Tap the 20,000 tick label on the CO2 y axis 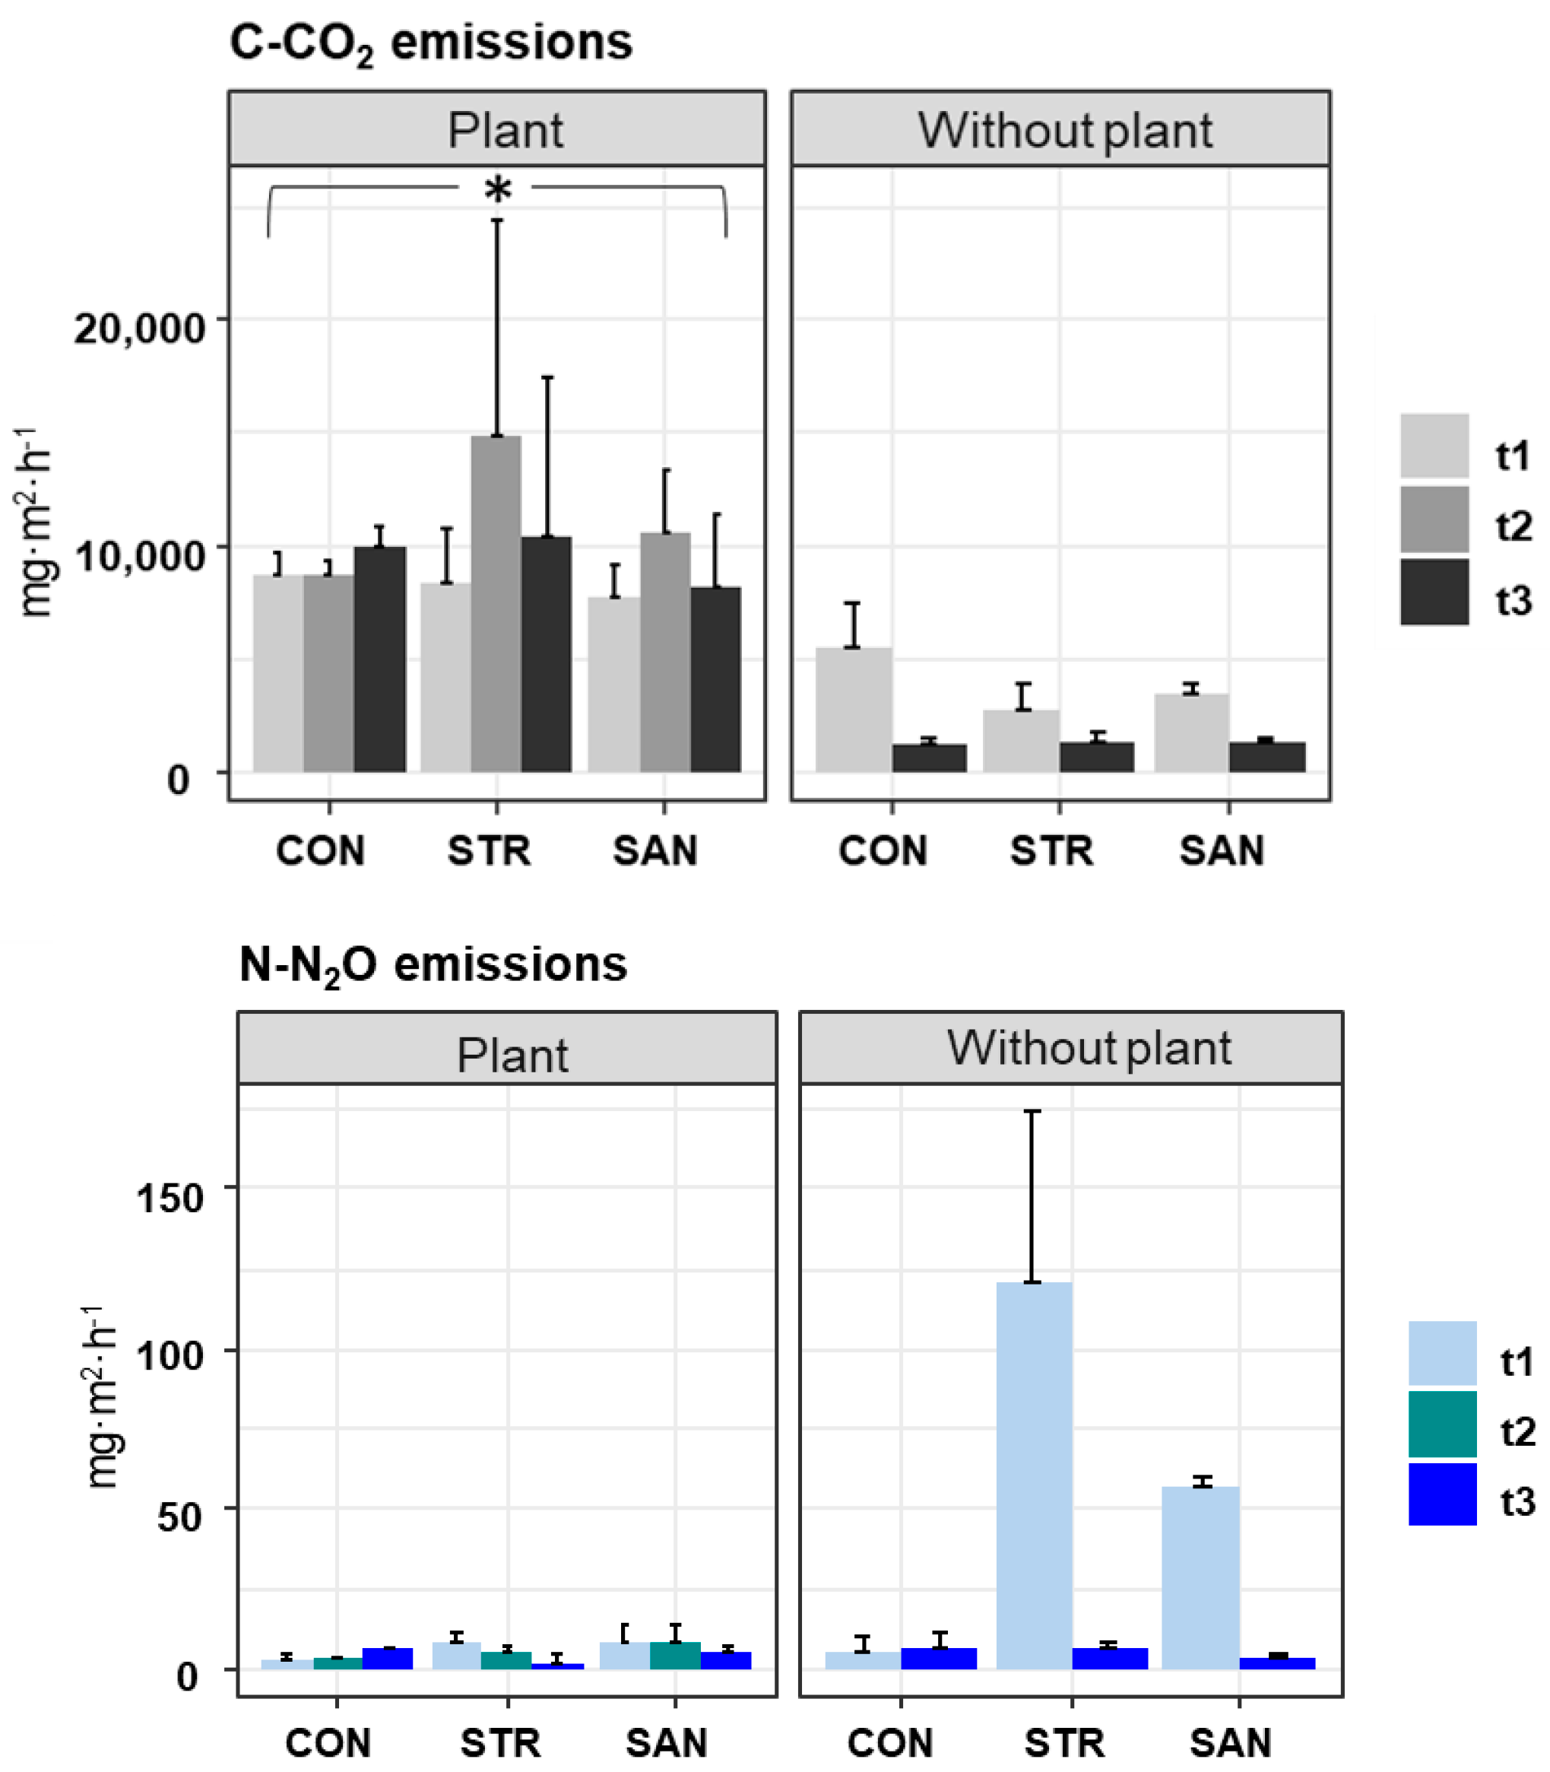pos(139,328)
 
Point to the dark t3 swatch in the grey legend pos(1434,592)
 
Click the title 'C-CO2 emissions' pos(431,43)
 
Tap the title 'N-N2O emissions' pos(433,965)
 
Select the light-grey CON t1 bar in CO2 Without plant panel pos(853,710)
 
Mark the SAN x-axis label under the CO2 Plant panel pos(655,851)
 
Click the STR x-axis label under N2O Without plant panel pos(1064,1742)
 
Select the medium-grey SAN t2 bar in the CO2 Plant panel pos(664,653)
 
